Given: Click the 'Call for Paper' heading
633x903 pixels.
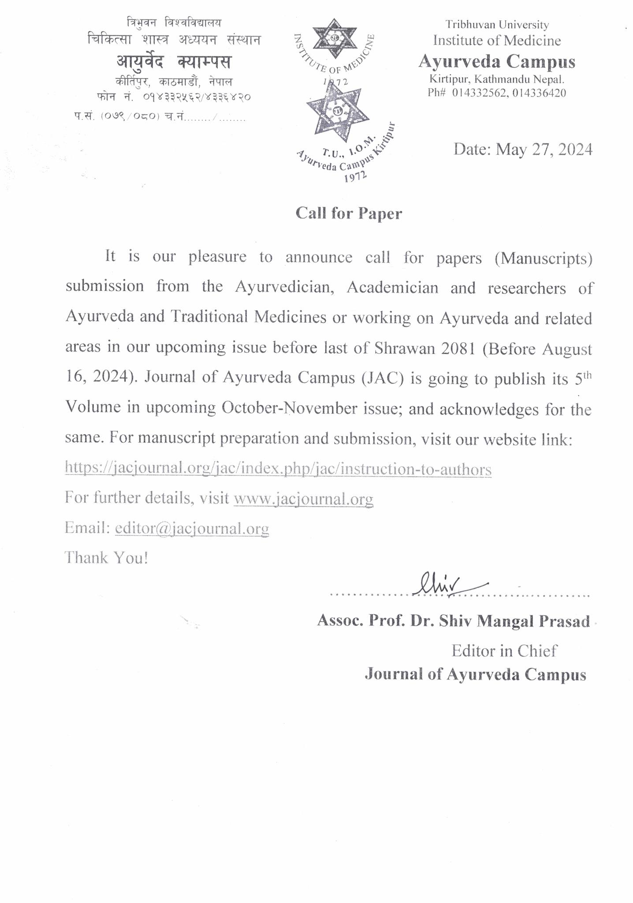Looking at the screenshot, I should (x=349, y=213).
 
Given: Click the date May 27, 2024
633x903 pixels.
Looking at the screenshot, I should (x=523, y=150).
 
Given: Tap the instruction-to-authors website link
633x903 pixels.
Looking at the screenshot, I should (x=278, y=469).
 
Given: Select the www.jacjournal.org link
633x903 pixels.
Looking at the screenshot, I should (x=303, y=498).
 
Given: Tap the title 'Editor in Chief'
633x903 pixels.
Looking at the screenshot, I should (x=504, y=650).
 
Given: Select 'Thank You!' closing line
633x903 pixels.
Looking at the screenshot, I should (x=107, y=558).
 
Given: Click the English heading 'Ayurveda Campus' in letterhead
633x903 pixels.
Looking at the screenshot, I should (x=497, y=62).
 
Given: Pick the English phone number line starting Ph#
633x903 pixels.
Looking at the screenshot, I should (x=497, y=93).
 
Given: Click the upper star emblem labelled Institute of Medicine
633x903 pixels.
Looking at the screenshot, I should (x=334, y=38).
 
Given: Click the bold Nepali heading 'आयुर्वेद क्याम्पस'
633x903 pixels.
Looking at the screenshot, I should (x=174, y=62).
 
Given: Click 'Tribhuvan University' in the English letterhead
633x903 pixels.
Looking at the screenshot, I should (x=497, y=25).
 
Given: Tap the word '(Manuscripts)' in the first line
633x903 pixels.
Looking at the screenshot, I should (x=543, y=258).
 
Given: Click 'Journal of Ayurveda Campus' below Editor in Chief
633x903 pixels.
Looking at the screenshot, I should (x=475, y=675).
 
